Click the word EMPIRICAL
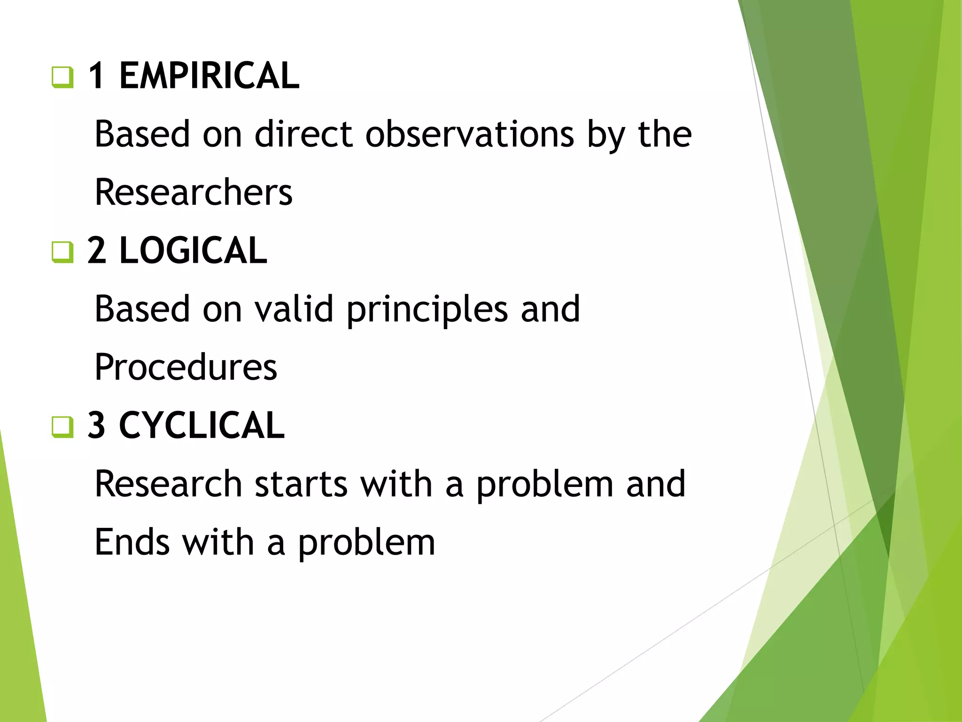click(209, 76)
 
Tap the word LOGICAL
click(193, 251)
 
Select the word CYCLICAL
click(202, 425)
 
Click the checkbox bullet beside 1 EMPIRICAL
click(62, 77)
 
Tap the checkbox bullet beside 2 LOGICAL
click(62, 252)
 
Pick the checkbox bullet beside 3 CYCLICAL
click(62, 427)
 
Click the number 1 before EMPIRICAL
click(96, 76)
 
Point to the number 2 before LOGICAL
click(97, 251)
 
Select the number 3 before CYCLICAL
click(97, 425)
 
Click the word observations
click(469, 134)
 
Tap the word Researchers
click(194, 193)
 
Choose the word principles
click(427, 310)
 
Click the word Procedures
click(186, 368)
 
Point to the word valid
click(294, 309)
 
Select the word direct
click(303, 134)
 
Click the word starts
click(301, 484)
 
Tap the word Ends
click(132, 542)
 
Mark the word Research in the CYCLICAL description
click(168, 484)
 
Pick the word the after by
click(664, 134)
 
